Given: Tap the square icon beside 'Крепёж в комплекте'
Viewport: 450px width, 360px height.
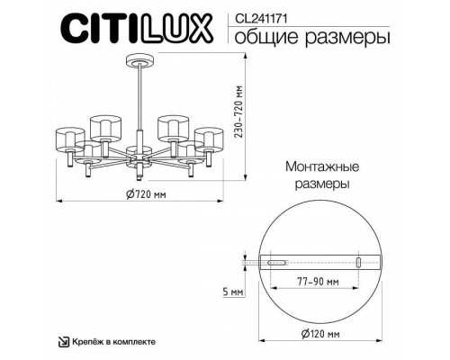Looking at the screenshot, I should coord(63,343).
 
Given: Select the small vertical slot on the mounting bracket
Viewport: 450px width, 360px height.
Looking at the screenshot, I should coord(358,264).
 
